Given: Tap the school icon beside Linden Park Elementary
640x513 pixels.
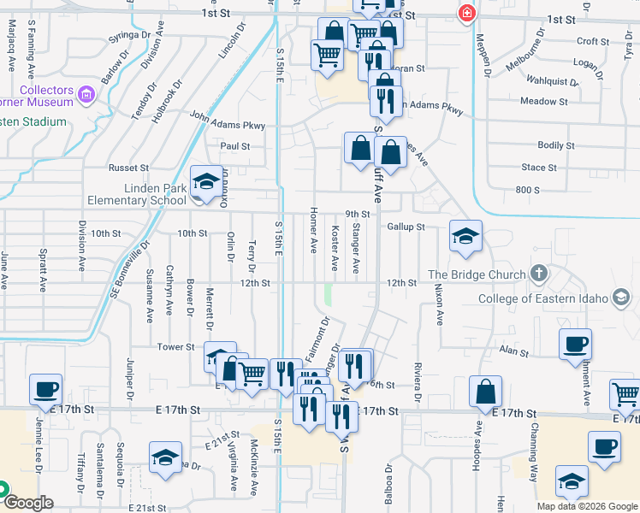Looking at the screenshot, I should click(205, 181).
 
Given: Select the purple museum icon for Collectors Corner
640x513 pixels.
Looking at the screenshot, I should click(86, 93).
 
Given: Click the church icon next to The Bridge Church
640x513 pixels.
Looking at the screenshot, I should click(538, 274).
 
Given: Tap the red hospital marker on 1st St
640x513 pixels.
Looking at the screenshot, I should click(466, 13).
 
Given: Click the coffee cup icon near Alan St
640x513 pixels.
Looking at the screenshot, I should click(575, 344).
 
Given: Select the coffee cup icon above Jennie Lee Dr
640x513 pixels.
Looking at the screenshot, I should click(45, 389).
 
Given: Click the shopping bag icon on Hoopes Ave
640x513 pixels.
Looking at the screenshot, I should click(485, 392).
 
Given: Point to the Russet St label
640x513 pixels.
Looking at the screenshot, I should click(128, 168).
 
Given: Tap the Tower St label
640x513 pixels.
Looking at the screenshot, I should click(176, 347).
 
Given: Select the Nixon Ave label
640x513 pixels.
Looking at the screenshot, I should click(439, 306).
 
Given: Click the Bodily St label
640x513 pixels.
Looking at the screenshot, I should click(556, 146).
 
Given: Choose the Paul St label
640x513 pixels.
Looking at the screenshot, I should click(234, 146).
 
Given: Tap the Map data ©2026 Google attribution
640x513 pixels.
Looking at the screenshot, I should click(586, 506).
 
